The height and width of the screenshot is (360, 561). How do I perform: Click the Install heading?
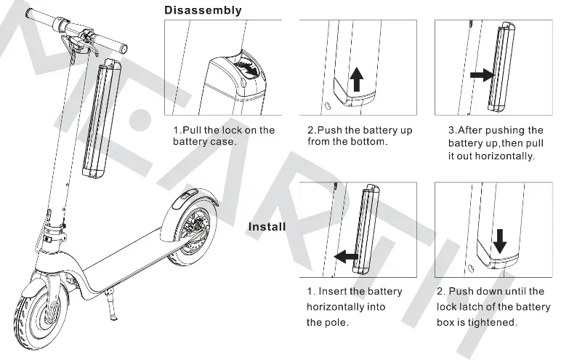[267, 226]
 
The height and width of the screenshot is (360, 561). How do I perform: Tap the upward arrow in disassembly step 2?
[356, 79]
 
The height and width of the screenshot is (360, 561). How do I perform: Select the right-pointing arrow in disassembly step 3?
[480, 75]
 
